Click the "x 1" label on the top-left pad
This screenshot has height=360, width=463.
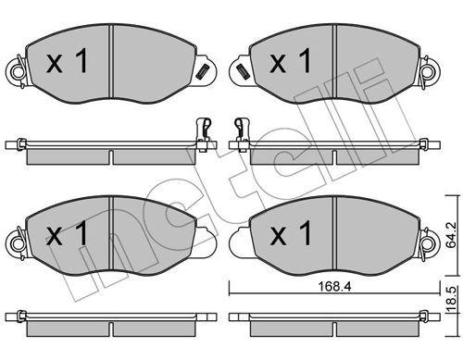click(x=66, y=63)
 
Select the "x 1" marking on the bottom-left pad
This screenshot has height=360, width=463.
click(x=66, y=234)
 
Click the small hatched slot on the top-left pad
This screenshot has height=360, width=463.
click(x=201, y=69)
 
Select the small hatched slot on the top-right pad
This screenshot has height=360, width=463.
click(x=241, y=69)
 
